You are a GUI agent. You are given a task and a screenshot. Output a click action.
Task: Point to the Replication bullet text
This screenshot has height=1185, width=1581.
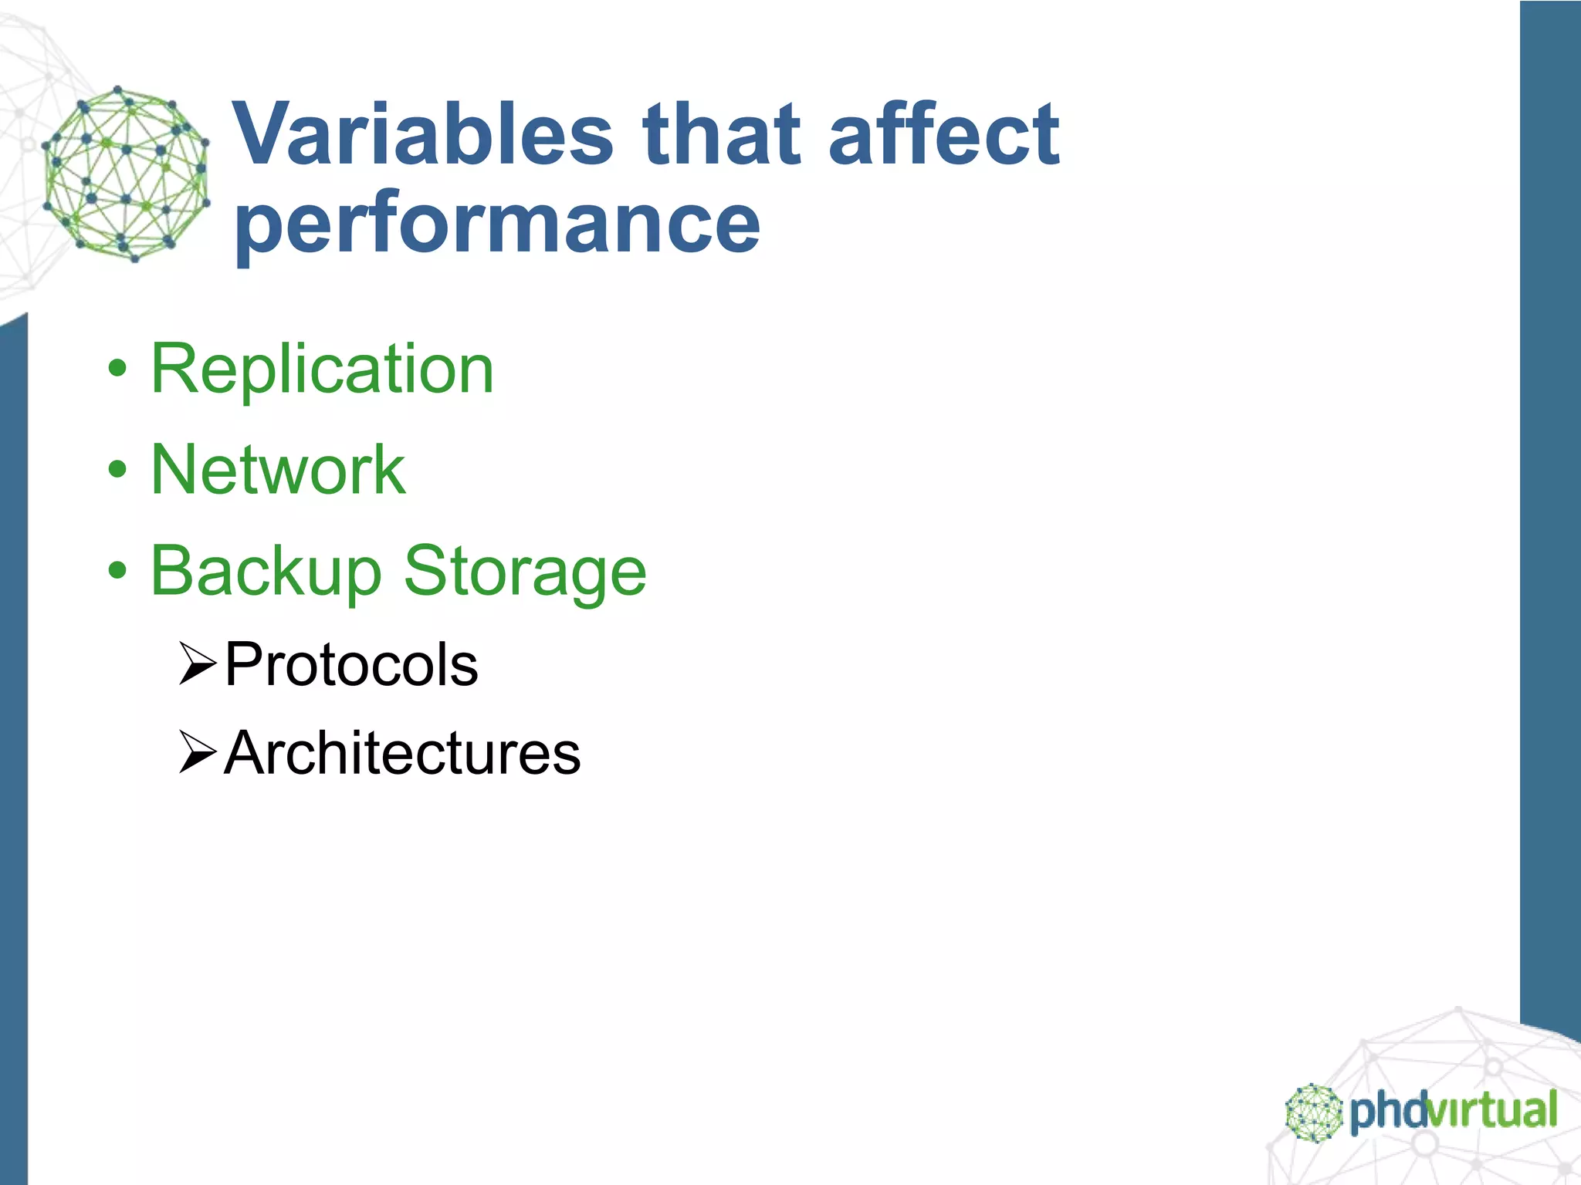[x=322, y=370]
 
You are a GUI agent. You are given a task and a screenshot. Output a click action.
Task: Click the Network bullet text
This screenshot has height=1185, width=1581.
[x=278, y=470]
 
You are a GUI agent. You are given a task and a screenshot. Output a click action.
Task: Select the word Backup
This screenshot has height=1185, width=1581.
[x=266, y=572]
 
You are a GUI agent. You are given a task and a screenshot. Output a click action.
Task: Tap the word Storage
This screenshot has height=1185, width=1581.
[x=525, y=572]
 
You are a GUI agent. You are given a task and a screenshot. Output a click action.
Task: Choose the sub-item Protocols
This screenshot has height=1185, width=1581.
[x=351, y=665]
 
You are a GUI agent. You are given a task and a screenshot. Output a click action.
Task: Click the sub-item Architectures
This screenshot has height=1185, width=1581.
[x=402, y=754]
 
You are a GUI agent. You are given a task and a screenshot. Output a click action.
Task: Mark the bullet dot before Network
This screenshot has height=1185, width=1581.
[x=117, y=470]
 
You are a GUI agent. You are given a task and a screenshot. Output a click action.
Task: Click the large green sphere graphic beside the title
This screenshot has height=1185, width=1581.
[x=126, y=174]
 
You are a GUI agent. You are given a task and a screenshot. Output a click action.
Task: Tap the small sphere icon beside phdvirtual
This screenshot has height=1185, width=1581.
[x=1313, y=1112]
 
